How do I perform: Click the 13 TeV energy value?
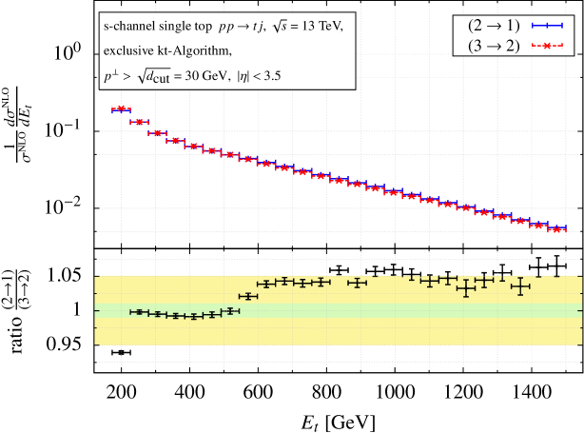[321, 28]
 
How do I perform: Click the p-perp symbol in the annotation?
[108, 74]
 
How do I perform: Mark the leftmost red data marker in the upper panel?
[121, 109]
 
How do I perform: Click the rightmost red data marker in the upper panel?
[559, 229]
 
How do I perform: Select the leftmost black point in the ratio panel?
[139, 312]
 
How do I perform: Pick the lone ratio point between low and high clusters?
[248, 297]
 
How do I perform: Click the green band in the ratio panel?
[380, 310]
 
